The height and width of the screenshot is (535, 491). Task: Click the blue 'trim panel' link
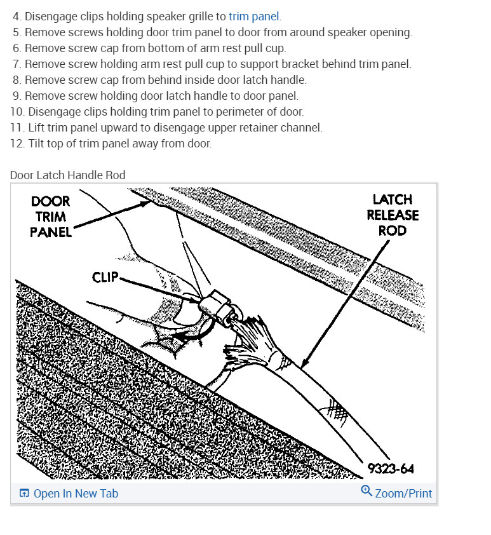point(253,17)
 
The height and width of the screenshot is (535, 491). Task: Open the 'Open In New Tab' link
point(76,494)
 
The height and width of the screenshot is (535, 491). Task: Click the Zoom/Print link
point(403,494)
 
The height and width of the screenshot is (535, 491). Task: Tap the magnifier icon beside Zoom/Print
point(367,491)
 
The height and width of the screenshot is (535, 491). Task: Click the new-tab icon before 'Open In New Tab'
point(24,494)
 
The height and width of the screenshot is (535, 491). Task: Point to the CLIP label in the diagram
point(105,277)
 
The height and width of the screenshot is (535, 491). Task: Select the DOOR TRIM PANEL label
point(50,217)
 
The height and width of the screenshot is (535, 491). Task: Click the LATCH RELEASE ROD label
point(393,215)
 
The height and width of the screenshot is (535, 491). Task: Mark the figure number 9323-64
point(391,469)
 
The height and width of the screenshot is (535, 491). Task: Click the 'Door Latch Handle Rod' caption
point(68,175)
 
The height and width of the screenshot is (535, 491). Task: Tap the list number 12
point(17,144)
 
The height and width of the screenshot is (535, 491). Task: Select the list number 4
point(17,17)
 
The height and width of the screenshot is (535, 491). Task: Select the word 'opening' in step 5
point(391,32)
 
